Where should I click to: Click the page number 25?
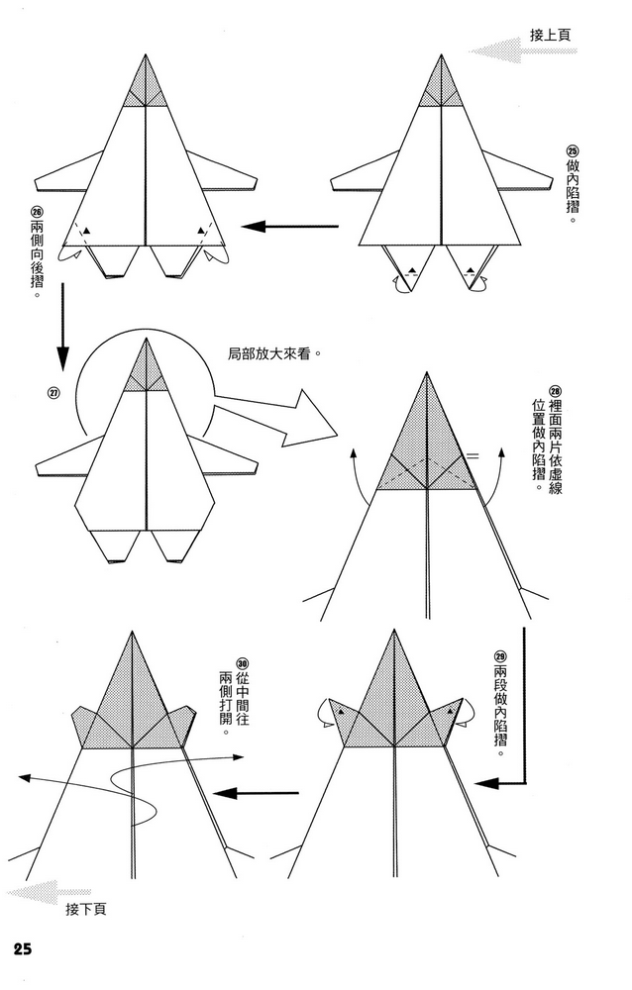pyautogui.click(x=22, y=948)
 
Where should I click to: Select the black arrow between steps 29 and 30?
pyautogui.click(x=258, y=792)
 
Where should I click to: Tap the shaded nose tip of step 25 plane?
pyautogui.click(x=442, y=84)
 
